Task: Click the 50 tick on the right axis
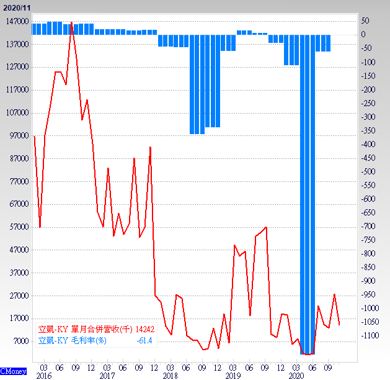click(365, 21)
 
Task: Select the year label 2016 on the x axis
click(44, 376)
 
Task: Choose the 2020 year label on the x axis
click(296, 376)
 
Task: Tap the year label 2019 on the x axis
click(233, 376)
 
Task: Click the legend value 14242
click(144, 329)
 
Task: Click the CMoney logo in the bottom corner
click(14, 372)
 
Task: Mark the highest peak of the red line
click(71, 22)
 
